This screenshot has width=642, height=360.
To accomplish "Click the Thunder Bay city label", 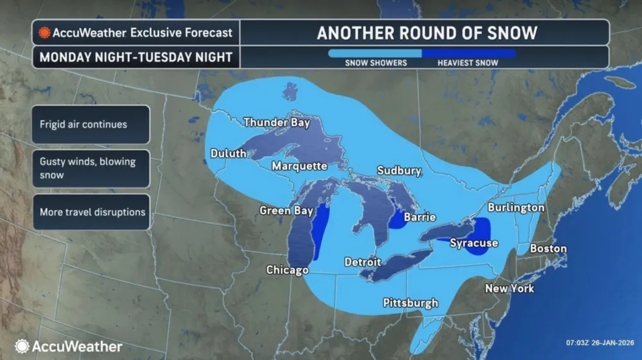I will click(x=277, y=123).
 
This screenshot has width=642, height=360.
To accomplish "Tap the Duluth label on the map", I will click(x=228, y=154).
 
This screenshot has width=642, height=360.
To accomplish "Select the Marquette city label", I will click(x=299, y=166).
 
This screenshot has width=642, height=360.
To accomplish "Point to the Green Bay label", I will click(x=286, y=210).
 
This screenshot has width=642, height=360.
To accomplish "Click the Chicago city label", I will click(x=287, y=270).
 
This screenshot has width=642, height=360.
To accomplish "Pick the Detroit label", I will click(x=362, y=262).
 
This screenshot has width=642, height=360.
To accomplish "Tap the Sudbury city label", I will click(x=399, y=171).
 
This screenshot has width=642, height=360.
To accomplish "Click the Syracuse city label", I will click(x=474, y=243).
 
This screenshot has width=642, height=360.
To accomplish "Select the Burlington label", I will click(x=516, y=208).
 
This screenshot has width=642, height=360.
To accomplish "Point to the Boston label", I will click(x=548, y=248).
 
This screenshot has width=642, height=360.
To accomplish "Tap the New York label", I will click(x=509, y=289).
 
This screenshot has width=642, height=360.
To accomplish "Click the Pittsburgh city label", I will click(x=410, y=303).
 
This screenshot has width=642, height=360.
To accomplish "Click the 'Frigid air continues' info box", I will click(x=91, y=124).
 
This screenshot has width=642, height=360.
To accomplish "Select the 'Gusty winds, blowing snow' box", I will click(x=91, y=168).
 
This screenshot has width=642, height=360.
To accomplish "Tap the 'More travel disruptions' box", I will click(x=91, y=212).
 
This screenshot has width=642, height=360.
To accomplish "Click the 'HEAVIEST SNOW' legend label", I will click(x=467, y=63).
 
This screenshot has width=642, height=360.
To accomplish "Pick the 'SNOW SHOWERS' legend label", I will click(x=376, y=63).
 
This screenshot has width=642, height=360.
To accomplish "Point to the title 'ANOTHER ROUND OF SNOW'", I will click(x=426, y=33).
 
